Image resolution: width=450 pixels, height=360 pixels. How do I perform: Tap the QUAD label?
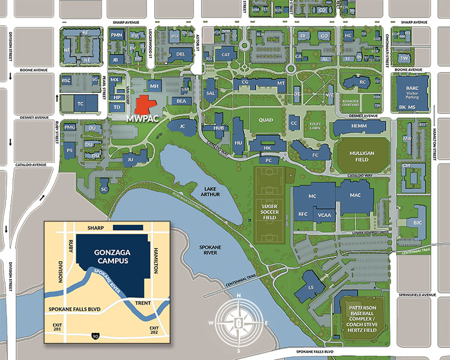(265, 119)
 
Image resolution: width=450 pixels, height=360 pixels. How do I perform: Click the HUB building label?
(218, 128)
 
